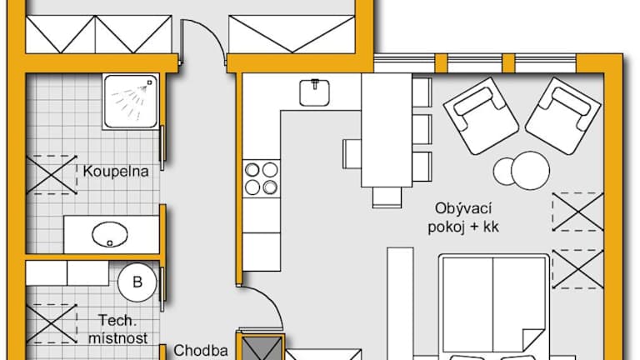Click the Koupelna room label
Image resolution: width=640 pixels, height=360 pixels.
tap(116, 172)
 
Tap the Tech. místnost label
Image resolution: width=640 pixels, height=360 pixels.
tap(118, 329)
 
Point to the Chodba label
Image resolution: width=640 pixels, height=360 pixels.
tap(201, 350)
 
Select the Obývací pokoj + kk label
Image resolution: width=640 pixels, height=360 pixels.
tap(463, 217)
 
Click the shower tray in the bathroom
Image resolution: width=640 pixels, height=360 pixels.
tap(131, 101)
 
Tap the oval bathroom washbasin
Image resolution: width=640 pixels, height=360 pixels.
tap(110, 234)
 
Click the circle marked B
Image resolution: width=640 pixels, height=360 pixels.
tap(137, 282)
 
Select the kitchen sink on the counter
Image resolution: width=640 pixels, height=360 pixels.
tap(315, 92)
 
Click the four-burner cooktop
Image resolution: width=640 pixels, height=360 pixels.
tap(261, 178)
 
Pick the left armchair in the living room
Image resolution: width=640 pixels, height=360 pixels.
tap(481, 116)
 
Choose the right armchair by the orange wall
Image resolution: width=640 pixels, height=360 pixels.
tap(562, 116)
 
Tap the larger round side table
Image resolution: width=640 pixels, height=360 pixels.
tap(530, 171)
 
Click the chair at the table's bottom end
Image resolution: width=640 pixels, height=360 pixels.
tap(387, 197)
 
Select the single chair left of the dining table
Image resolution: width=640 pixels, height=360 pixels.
tap(352, 154)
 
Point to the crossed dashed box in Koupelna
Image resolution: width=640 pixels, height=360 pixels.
tap(52, 175)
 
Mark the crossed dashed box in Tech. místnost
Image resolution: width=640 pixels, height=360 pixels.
tap(52, 323)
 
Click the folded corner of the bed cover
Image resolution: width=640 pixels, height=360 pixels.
tap(533, 340)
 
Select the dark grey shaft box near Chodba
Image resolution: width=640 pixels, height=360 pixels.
tap(261, 347)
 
